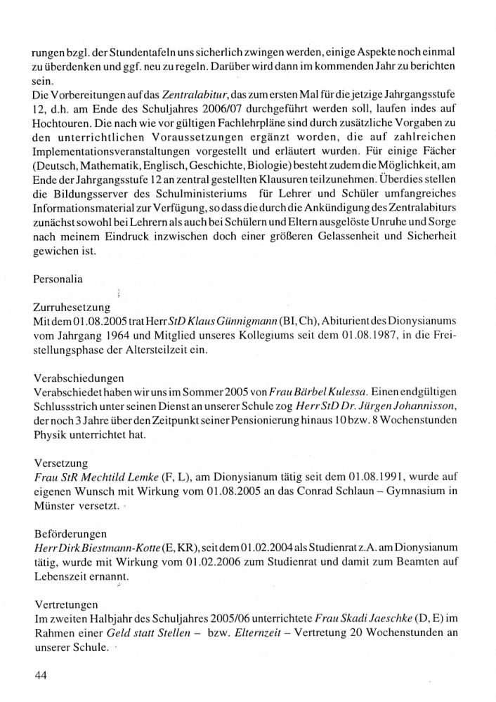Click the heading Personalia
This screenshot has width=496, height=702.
(x=58, y=279)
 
